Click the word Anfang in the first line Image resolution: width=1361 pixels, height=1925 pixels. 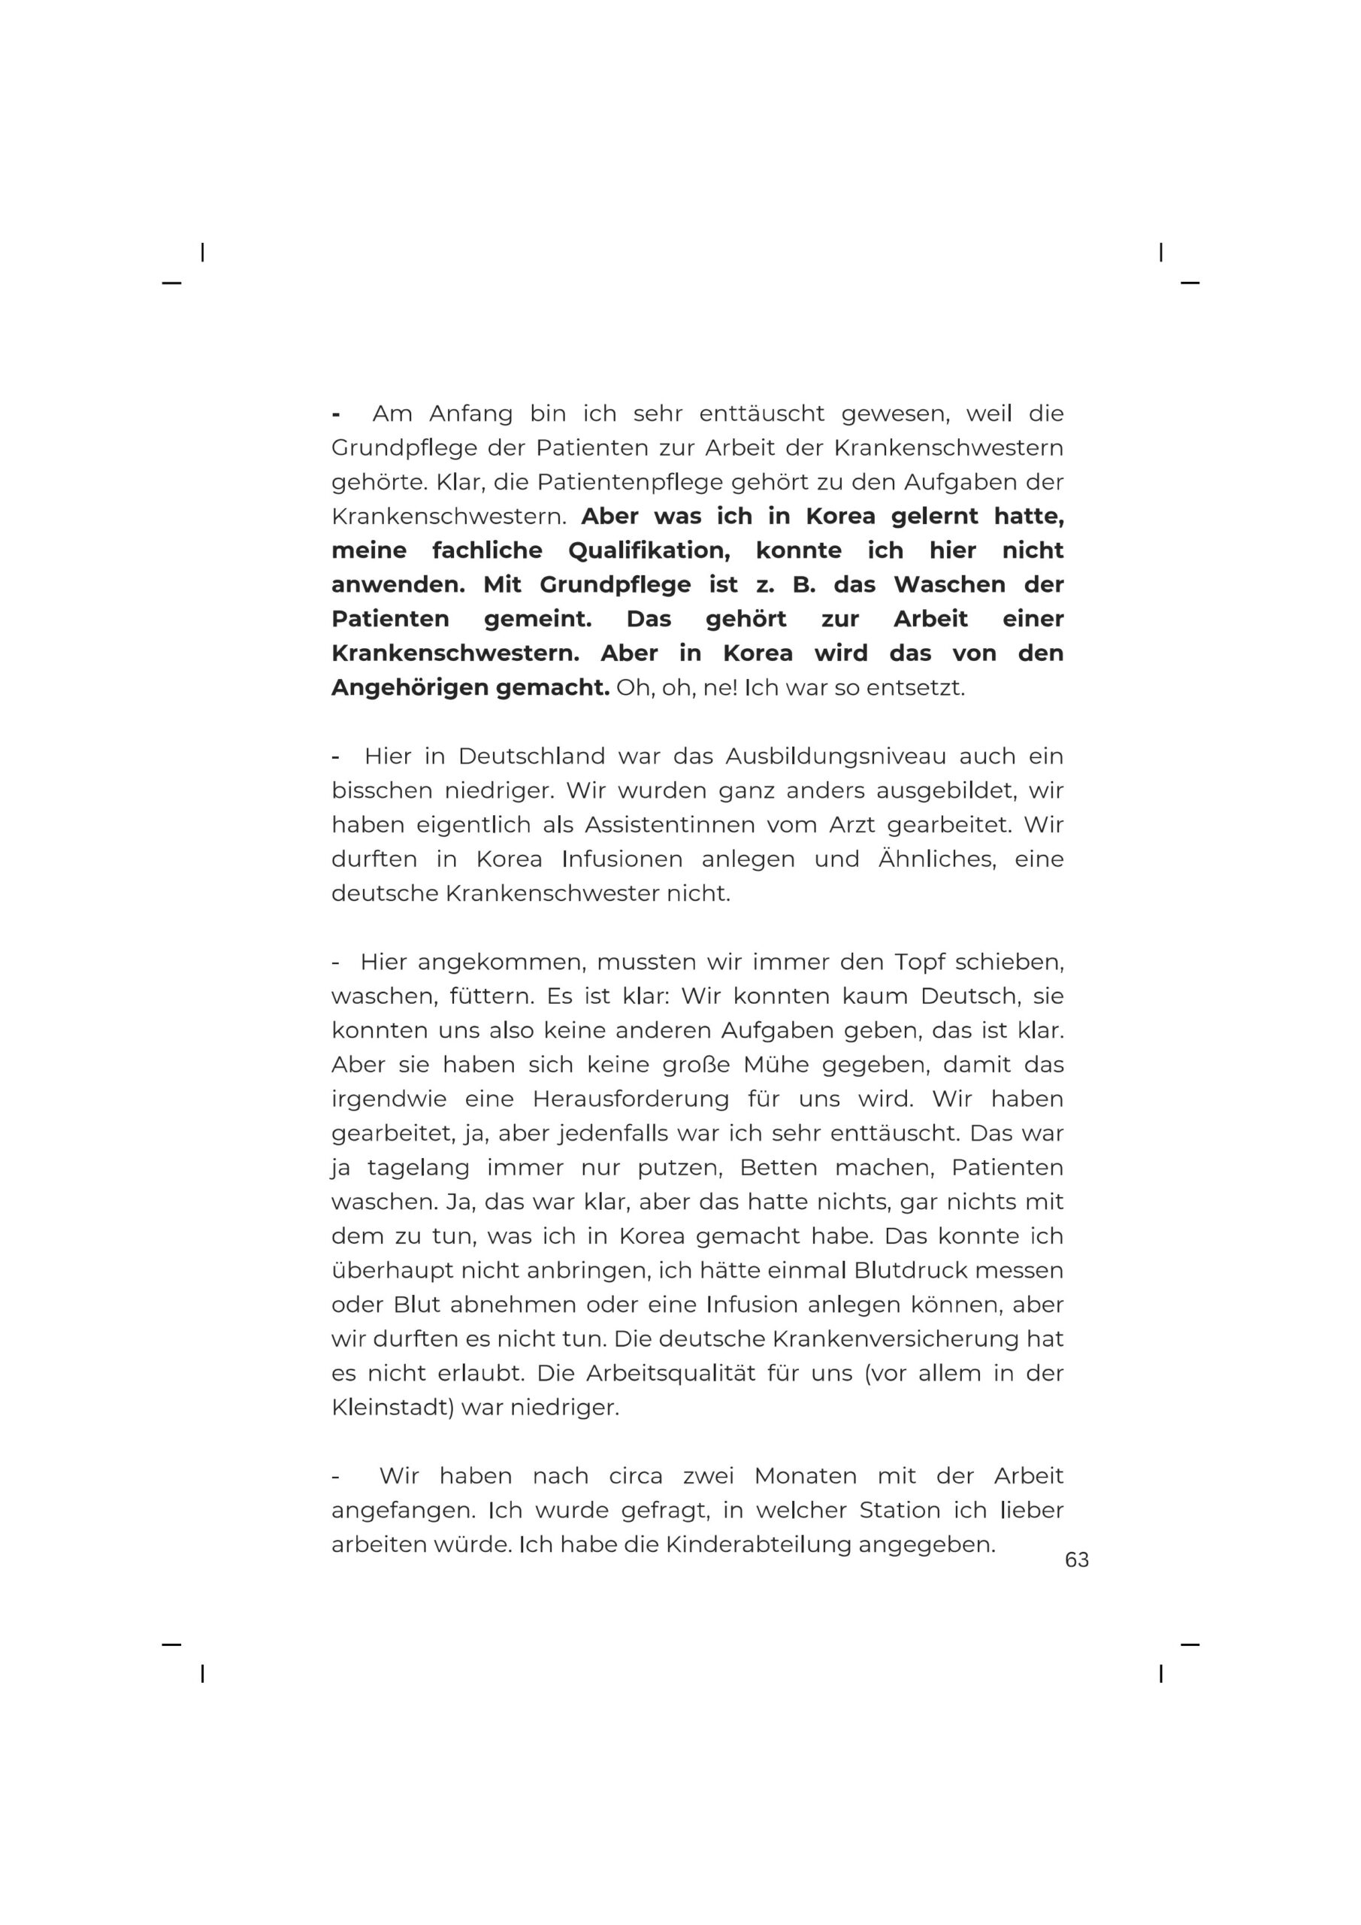click(x=470, y=414)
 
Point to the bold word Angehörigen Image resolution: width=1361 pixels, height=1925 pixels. click(x=409, y=687)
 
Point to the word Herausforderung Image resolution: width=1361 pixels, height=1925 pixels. click(x=631, y=1099)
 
